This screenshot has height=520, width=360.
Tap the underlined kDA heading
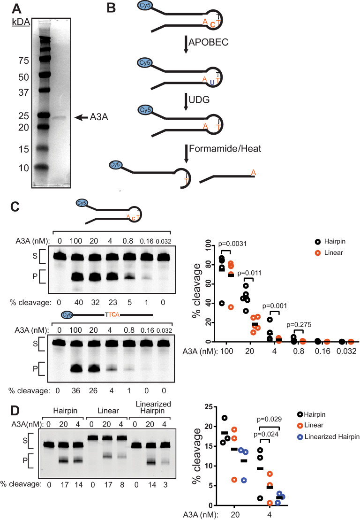pyautogui.click(x=17, y=23)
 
